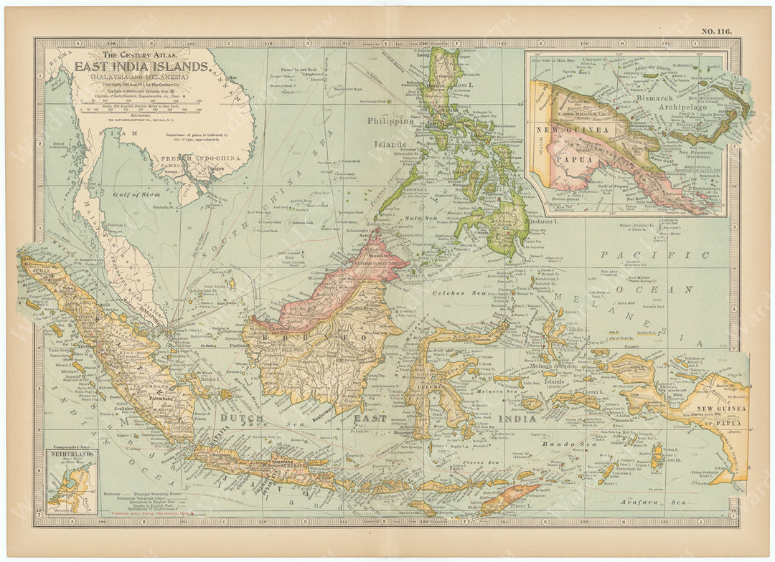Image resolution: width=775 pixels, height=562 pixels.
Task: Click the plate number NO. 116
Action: (x=717, y=32)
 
